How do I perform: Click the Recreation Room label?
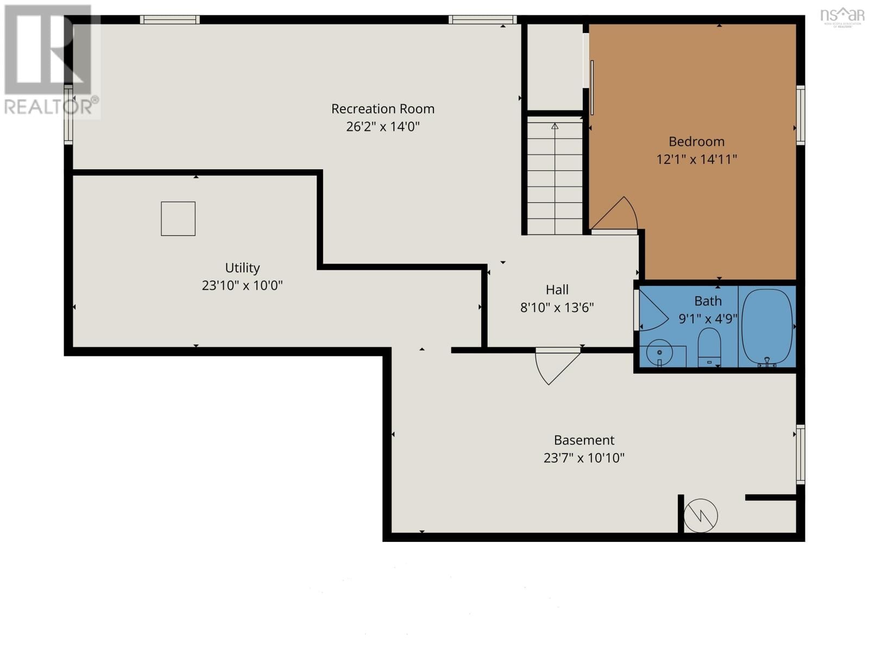tap(383, 108)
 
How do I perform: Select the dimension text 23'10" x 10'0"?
tap(242, 285)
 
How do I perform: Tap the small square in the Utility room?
tap(178, 219)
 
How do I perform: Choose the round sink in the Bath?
tap(659, 353)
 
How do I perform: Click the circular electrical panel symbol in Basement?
tap(701, 515)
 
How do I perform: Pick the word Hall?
tap(557, 290)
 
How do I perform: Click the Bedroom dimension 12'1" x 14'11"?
tap(697, 159)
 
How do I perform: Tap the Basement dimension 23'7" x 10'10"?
tap(584, 458)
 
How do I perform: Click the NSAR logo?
tap(842, 16)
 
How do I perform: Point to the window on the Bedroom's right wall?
tap(800, 114)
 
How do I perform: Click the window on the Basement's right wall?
tap(800, 455)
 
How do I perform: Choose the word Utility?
tap(242, 268)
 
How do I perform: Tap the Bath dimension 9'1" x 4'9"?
tap(708, 318)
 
